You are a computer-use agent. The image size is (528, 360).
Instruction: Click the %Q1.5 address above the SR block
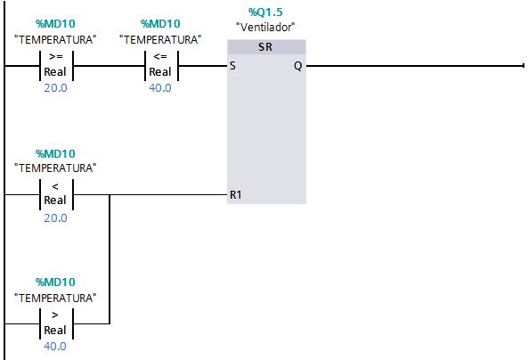[265, 12]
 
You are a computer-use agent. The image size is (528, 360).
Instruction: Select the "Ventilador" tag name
[265, 27]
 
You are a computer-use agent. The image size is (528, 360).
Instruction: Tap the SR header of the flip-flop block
[265, 47]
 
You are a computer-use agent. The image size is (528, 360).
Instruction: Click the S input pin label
[232, 65]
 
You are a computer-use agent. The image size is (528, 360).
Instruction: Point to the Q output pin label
[297, 66]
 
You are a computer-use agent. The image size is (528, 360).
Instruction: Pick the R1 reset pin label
[236, 195]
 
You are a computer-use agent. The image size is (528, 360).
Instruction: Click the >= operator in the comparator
[56, 57]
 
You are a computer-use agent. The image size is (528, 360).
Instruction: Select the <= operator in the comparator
[160, 57]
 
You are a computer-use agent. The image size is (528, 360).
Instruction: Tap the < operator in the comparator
[55, 186]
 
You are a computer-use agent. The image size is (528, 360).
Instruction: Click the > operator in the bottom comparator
[55, 315]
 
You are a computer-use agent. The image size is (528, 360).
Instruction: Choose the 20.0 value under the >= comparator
[55, 88]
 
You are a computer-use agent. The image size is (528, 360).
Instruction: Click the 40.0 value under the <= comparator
[160, 88]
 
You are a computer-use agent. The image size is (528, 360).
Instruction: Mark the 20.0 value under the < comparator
[55, 218]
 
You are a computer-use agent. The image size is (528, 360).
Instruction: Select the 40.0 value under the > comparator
[55, 346]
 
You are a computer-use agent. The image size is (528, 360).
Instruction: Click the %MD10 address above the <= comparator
[160, 23]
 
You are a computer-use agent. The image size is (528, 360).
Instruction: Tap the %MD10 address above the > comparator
[55, 282]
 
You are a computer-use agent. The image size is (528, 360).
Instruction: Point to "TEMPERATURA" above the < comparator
[55, 168]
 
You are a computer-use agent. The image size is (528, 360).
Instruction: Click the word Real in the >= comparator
[55, 72]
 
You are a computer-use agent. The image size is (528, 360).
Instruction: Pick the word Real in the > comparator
[55, 330]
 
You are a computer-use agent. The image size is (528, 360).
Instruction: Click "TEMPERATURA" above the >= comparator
[55, 40]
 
